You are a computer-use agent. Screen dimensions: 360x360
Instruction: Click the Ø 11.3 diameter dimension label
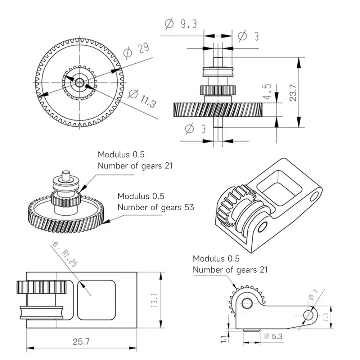[142, 99]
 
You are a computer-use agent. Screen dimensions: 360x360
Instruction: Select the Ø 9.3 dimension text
[181, 24]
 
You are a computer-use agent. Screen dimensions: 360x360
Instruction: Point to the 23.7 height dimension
[293, 93]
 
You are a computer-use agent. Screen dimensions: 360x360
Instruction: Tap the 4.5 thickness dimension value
[267, 91]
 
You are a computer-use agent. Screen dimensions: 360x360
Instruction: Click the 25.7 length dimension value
[81, 342]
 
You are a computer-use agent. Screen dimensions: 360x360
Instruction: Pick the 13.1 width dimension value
[154, 300]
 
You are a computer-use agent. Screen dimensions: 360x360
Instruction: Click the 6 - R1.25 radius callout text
[65, 255]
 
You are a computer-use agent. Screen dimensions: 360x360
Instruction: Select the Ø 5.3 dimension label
[273, 336]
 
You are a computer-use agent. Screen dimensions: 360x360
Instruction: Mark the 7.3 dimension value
[326, 317]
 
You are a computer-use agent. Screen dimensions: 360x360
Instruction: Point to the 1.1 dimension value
[224, 339]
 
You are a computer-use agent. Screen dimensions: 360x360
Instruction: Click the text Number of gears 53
[156, 207]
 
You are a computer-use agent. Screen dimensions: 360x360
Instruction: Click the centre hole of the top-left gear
[80, 82]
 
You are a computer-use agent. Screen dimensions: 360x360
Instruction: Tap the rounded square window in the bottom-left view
[96, 300]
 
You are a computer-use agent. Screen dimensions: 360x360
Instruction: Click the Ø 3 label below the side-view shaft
[195, 129]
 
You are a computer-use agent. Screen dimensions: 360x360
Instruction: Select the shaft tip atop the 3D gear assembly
[66, 175]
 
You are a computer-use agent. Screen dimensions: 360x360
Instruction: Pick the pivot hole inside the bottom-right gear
[247, 303]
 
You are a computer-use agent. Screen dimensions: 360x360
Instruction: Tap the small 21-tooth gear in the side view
[218, 90]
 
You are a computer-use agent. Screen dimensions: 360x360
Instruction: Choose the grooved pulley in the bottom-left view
[41, 312]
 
